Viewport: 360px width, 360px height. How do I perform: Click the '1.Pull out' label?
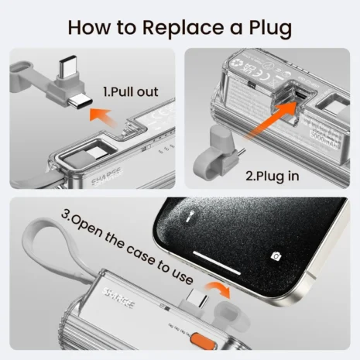click(130, 92)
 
